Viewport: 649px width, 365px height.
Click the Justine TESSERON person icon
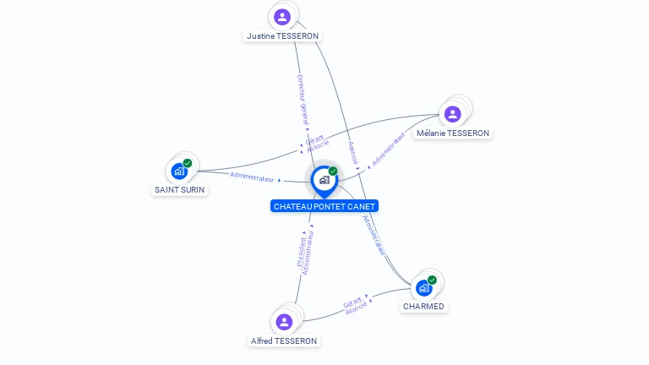282,16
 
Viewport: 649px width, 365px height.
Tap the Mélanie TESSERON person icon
452,113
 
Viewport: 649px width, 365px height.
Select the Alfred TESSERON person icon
284,321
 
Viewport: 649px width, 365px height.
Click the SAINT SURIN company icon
178,172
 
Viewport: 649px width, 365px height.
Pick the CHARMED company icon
424,287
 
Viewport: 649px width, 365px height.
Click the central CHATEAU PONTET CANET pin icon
324,180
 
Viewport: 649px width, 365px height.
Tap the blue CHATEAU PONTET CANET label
324,206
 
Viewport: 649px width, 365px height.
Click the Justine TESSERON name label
282,36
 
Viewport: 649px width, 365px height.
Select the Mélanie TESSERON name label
453,133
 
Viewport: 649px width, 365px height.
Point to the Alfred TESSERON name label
284,341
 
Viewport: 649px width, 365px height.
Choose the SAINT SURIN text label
180,189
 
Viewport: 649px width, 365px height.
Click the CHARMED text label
423,307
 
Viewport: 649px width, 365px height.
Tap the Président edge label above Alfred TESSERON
302,251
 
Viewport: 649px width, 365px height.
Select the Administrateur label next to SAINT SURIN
253,177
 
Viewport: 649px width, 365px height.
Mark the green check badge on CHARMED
432,280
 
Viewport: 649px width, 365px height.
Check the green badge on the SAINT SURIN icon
188,163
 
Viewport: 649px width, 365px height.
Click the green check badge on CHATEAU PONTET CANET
333,172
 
